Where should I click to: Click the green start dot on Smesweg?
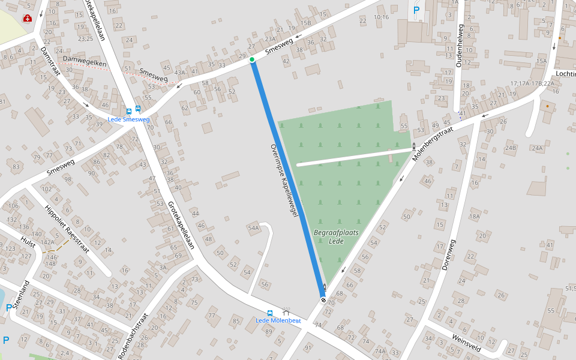[252, 59]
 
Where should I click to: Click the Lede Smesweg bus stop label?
[128, 119]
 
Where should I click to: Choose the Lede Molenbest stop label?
[278, 320]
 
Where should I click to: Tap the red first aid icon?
[27, 19]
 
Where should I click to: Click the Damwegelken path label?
[85, 62]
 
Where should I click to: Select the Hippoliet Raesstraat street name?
[66, 230]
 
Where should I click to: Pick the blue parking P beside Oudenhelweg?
[416, 10]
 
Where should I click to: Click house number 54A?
[253, 228]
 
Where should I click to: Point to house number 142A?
[47, 242]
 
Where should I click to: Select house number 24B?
[511, 148]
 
